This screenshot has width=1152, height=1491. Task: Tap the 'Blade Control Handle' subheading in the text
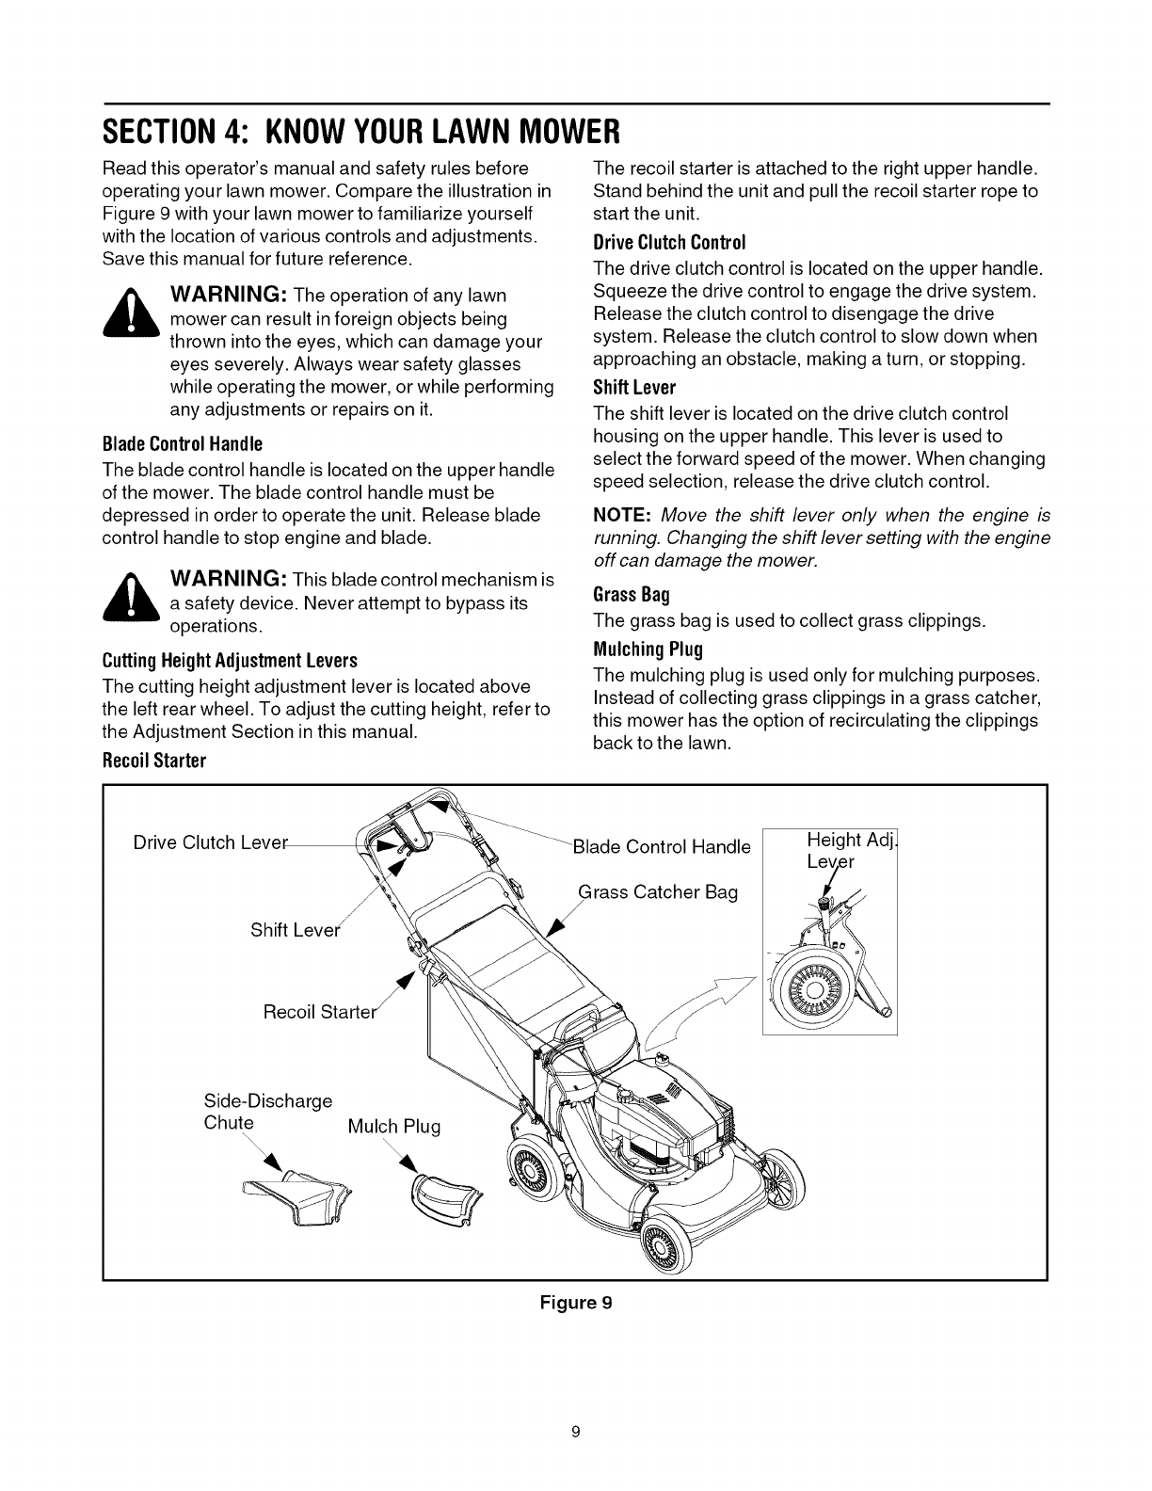point(182,443)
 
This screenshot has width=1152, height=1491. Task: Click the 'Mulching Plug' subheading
point(648,649)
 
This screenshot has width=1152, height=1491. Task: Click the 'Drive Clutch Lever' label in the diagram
point(208,843)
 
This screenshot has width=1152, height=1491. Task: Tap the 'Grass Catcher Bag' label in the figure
point(658,891)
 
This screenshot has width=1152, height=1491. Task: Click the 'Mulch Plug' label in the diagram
point(393,1127)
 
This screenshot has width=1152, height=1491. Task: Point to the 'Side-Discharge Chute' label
point(267,1112)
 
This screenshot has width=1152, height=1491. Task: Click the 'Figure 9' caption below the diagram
point(575,1304)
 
